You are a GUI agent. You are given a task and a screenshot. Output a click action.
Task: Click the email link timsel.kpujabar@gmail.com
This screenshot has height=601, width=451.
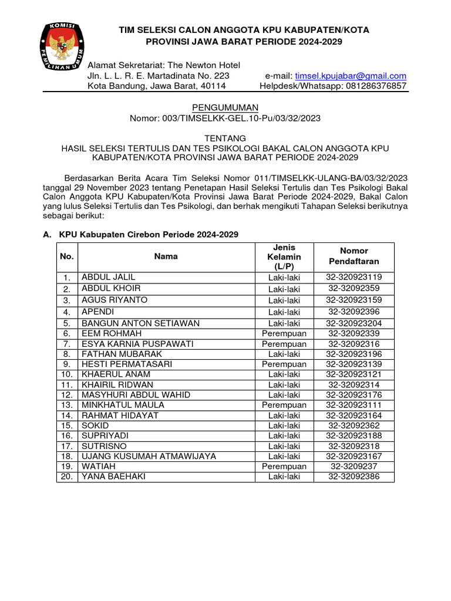(351, 76)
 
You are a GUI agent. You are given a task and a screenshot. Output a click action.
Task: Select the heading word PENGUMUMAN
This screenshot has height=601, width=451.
(225, 107)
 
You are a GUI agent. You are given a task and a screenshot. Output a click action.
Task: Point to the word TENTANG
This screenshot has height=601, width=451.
(225, 138)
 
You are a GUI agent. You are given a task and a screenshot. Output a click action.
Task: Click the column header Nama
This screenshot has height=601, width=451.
(166, 256)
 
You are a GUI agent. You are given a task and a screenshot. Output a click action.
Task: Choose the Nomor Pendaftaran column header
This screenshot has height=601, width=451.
(354, 256)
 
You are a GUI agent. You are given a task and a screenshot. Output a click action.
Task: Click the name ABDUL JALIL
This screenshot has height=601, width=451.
(108, 276)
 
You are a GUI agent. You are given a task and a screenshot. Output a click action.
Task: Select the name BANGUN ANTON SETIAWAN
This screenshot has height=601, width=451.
(140, 323)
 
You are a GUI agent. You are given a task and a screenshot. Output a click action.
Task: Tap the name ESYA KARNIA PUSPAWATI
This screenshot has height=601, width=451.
(137, 344)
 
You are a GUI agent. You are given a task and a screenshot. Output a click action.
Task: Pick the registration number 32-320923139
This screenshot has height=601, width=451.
(354, 364)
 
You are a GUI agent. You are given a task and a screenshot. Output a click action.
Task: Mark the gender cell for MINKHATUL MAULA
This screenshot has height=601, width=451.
(284, 405)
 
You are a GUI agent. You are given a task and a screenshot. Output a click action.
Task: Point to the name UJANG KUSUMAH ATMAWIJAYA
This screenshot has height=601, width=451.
(149, 456)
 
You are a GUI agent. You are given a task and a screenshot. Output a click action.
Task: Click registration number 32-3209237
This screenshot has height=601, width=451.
(354, 467)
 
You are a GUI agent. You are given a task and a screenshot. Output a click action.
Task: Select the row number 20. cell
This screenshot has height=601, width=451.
(67, 477)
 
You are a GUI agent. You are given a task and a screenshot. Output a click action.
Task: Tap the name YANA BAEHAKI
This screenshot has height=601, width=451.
(113, 477)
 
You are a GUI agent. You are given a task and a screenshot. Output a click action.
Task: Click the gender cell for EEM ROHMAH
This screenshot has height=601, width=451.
(284, 333)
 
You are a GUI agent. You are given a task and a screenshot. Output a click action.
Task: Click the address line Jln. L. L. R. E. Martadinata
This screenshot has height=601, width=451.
(159, 76)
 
